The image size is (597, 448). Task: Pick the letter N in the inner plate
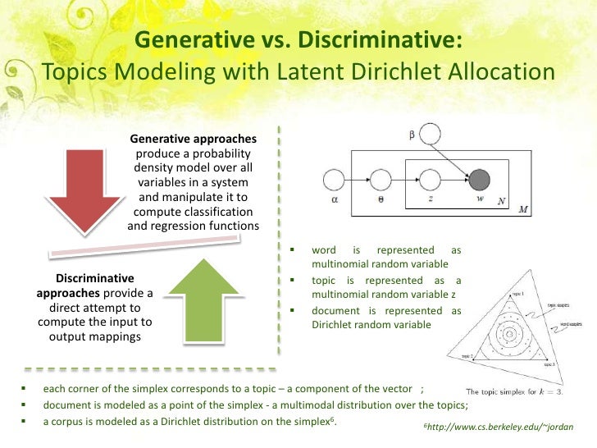click(501, 199)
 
